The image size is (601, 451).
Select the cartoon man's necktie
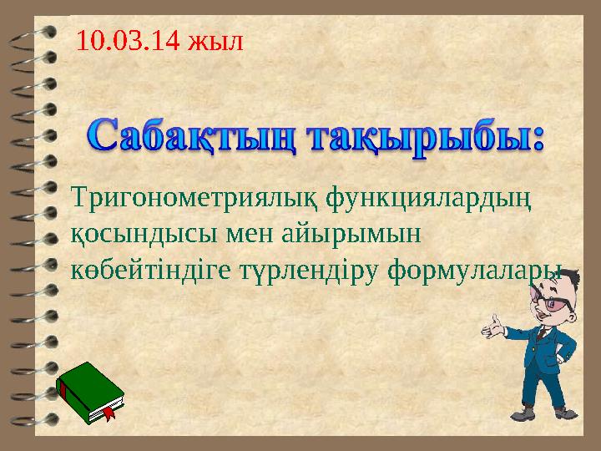click(542, 333)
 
